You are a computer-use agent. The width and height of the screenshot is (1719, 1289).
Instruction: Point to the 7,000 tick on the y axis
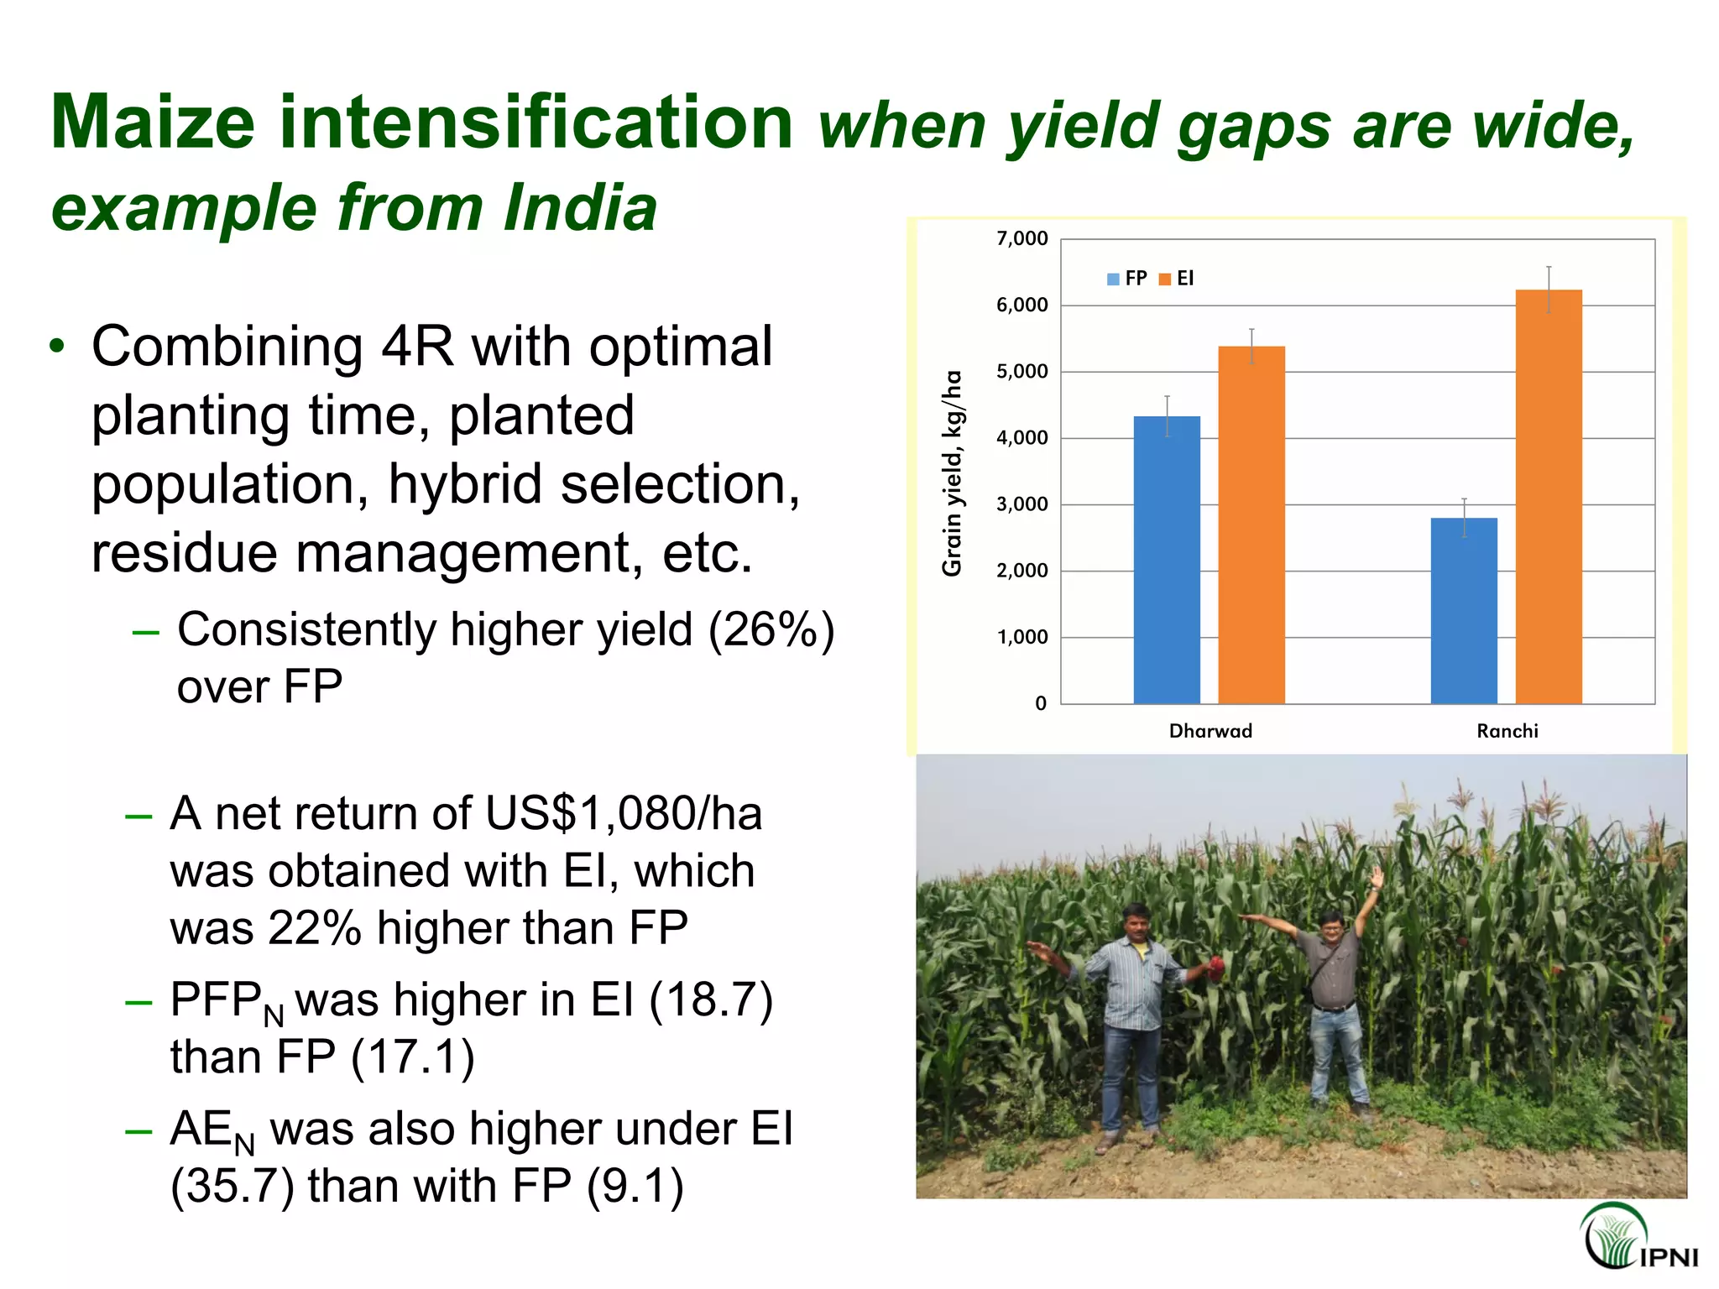pos(1021,239)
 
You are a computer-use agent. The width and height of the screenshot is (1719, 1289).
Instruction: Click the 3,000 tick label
pos(1021,504)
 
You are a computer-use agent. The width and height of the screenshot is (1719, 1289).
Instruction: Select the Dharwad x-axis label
pos(1210,731)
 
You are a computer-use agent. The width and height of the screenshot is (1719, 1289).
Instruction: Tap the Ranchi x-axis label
pos(1507,731)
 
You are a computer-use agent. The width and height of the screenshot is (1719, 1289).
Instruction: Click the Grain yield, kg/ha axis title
pos(951,473)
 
